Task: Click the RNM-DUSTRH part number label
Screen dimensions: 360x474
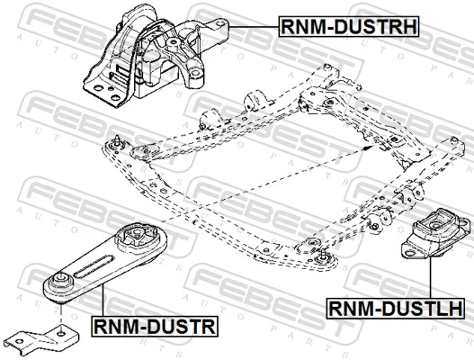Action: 349,26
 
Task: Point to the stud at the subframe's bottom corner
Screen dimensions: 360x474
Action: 324,254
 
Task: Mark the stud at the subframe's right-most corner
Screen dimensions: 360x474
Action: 454,141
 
